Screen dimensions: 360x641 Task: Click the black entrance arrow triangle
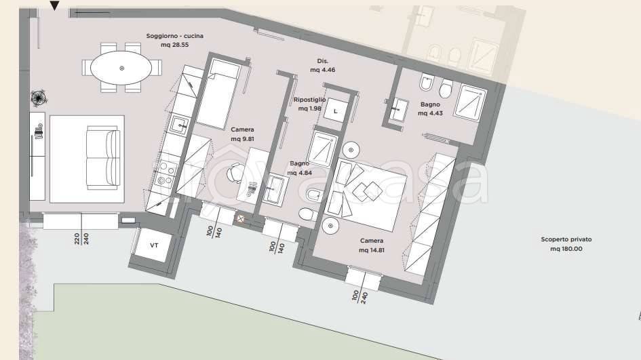[55, 7]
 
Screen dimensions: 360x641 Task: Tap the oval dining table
[122, 68]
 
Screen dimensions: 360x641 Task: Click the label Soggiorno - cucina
[174, 41]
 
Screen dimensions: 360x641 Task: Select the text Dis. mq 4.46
[322, 66]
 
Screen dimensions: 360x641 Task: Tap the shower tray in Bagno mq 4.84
[323, 146]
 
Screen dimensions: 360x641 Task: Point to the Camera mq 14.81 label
[371, 245]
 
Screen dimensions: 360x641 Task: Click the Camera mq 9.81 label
[242, 134]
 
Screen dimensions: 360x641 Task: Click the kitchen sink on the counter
[180, 124]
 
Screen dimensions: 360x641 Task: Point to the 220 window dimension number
[77, 239]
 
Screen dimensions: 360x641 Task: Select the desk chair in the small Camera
[235, 173]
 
